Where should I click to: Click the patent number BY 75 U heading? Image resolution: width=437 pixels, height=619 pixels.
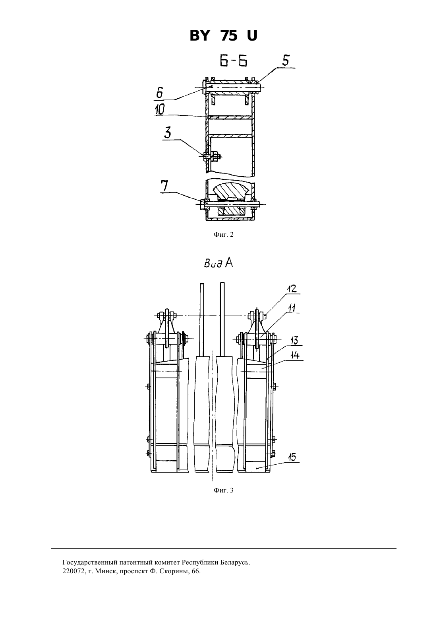[223, 36]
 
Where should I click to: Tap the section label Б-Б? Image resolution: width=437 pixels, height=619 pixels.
[234, 61]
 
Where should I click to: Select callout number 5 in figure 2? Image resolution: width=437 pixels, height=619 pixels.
[286, 60]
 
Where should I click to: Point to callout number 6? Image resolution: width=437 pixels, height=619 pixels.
[160, 93]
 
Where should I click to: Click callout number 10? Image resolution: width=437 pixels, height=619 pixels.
[159, 109]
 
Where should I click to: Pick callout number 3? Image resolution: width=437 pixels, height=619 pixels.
[168, 133]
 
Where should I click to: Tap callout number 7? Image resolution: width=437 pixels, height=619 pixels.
[164, 186]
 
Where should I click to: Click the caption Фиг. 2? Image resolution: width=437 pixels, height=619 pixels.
[223, 235]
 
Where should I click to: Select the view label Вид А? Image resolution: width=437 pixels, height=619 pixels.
[218, 263]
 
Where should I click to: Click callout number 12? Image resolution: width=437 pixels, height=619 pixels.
[292, 289]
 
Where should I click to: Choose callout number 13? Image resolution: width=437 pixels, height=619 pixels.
[294, 340]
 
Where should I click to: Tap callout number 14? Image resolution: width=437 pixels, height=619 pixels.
[295, 355]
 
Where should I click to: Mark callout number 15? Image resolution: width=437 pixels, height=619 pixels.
[292, 457]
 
